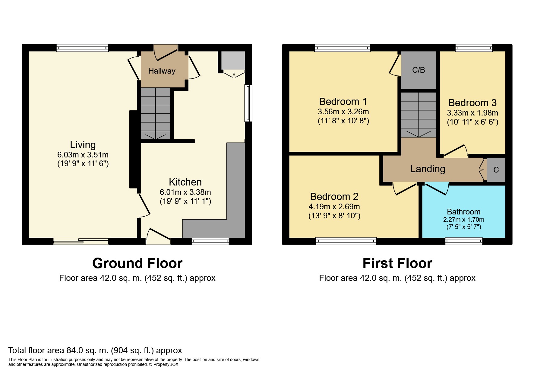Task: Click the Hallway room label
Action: [162, 71]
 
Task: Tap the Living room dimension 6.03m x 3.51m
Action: [83, 155]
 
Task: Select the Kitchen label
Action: [185, 182]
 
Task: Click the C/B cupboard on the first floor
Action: [419, 70]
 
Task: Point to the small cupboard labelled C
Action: [496, 170]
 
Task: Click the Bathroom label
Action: [464, 212]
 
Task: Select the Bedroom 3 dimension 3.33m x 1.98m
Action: [472, 113]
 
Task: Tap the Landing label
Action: [428, 169]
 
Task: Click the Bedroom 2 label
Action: [334, 197]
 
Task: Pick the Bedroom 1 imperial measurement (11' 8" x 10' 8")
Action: [343, 121]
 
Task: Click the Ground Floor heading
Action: [137, 263]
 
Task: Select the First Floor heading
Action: [397, 263]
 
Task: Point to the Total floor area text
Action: [95, 350]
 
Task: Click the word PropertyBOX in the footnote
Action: [166, 364]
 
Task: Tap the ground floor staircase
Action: [156, 113]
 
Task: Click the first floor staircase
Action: [419, 115]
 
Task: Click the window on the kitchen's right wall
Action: [248, 103]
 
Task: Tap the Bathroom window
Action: [464, 241]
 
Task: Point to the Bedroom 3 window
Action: [474, 48]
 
